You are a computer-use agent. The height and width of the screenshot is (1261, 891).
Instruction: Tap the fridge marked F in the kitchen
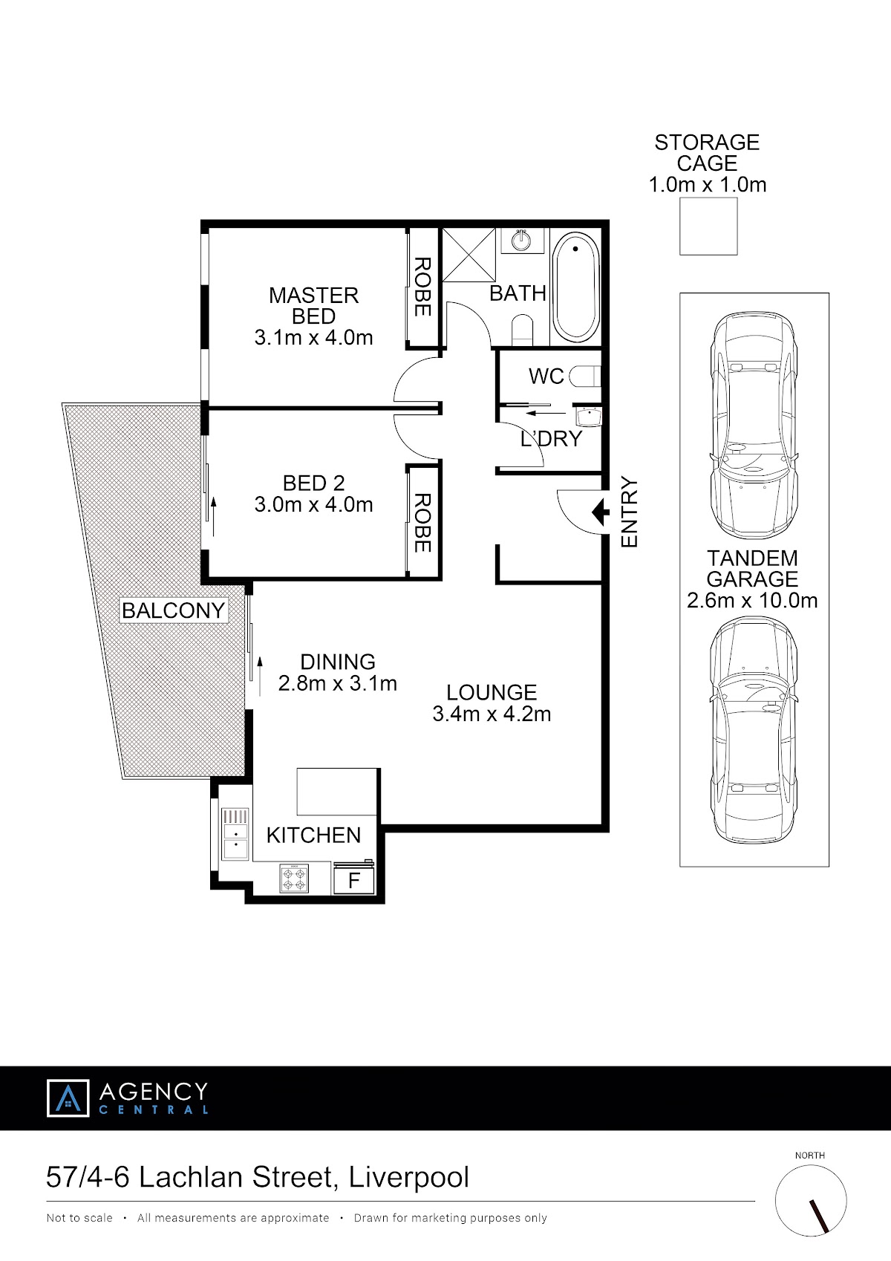click(x=353, y=879)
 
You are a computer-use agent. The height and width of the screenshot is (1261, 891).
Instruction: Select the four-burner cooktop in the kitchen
click(x=294, y=879)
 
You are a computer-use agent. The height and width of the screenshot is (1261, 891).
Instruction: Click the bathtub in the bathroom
click(x=575, y=287)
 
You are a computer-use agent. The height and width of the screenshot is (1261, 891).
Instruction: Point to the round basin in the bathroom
click(x=522, y=241)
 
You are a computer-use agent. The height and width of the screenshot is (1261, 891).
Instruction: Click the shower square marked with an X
click(x=469, y=255)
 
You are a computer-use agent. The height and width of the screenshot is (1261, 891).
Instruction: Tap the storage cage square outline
click(x=708, y=226)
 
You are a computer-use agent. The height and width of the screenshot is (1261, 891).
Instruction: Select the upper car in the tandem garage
click(x=754, y=426)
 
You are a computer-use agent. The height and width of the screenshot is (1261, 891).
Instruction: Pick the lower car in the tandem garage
click(x=754, y=730)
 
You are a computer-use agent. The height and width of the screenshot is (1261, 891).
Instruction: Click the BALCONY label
click(x=173, y=610)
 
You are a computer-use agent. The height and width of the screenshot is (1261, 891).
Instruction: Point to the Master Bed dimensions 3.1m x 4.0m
click(x=313, y=338)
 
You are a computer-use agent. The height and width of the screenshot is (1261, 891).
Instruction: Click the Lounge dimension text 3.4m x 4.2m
click(x=492, y=714)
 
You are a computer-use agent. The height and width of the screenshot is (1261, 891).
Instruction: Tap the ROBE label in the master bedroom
click(x=422, y=287)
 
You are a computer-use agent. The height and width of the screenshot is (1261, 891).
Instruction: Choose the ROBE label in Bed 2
click(x=422, y=522)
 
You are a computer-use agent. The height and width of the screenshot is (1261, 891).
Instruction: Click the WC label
click(x=546, y=376)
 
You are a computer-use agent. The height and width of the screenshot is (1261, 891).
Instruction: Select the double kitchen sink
click(x=235, y=835)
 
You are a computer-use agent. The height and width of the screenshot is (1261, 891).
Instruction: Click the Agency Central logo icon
click(x=68, y=1098)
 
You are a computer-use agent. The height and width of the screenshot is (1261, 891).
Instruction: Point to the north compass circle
click(x=811, y=1201)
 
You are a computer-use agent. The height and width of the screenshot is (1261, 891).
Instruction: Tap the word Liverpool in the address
click(x=408, y=1177)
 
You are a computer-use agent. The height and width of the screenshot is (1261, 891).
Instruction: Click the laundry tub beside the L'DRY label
click(x=588, y=417)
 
